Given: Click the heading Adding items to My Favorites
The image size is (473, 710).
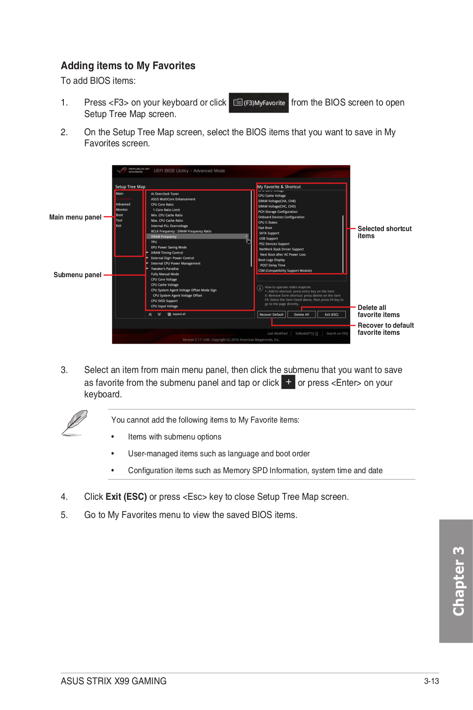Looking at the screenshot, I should pyautogui.click(x=128, y=66).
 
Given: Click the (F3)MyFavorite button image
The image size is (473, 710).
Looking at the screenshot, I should pyautogui.click(x=259, y=103).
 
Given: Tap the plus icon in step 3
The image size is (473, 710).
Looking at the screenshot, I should pyautogui.click(x=288, y=382).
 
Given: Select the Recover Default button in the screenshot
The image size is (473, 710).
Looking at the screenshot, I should pyautogui.click(x=271, y=314).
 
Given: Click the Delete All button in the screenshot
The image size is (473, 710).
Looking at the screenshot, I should pyautogui.click(x=301, y=314).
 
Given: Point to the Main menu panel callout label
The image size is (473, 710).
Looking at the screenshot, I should pyautogui.click(x=75, y=217).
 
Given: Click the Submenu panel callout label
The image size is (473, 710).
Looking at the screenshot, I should pyautogui.click(x=78, y=275).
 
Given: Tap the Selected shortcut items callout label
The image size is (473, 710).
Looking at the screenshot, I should pyautogui.click(x=384, y=232).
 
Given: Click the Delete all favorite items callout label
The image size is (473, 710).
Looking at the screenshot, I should pyautogui.click(x=378, y=311).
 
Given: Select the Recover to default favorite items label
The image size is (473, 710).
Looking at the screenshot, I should pyautogui.click(x=385, y=329).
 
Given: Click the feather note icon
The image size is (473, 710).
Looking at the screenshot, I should pyautogui.click(x=74, y=423).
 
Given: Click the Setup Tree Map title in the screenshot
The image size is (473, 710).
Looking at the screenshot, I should pyautogui.click(x=130, y=187).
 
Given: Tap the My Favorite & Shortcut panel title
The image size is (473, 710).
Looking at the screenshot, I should pyautogui.click(x=279, y=187).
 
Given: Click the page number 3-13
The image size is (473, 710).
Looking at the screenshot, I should pyautogui.click(x=431, y=681).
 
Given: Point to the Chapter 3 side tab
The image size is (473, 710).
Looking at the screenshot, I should pyautogui.click(x=456, y=581).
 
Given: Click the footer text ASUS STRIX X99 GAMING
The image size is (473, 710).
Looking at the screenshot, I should pyautogui.click(x=113, y=681).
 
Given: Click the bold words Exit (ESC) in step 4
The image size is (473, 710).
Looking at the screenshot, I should pyautogui.click(x=126, y=497).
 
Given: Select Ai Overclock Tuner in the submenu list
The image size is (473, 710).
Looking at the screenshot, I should pyautogui.click(x=165, y=194).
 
